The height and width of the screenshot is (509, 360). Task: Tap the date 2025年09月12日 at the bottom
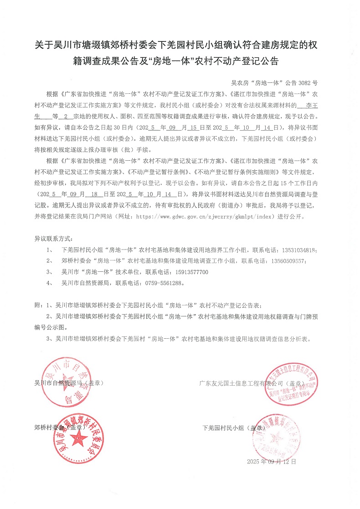271,461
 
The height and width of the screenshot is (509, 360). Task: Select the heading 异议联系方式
53,239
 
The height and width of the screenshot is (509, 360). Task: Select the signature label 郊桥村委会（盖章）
60,428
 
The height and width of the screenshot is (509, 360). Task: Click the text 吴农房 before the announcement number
239,83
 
